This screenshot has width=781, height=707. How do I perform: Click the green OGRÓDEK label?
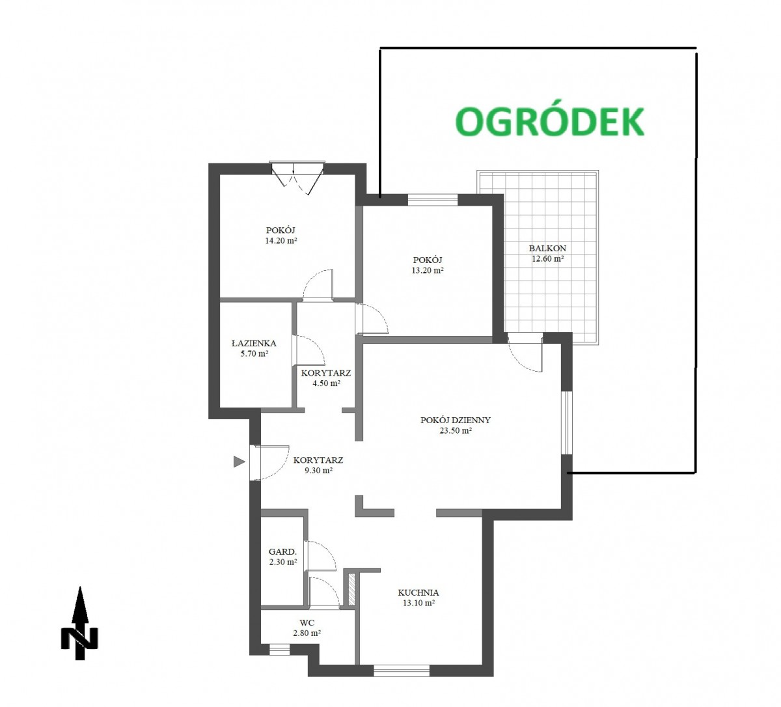[549, 121]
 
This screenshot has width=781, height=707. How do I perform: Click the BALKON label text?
[547, 248]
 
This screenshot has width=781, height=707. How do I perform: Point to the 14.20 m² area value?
[281, 240]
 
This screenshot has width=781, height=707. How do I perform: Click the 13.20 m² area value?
[428, 270]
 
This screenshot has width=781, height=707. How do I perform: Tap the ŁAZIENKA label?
[254, 343]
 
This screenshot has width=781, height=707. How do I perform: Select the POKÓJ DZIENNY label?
[456, 420]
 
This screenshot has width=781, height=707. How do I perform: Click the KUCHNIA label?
[418, 592]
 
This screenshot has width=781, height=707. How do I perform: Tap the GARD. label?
[282, 551]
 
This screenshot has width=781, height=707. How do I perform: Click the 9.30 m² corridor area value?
[318, 470]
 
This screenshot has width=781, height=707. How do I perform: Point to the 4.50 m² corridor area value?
[326, 383]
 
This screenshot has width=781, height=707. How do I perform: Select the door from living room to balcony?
[525, 353]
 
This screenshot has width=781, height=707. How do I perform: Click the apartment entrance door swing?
[269, 462]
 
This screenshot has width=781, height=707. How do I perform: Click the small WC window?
[280, 650]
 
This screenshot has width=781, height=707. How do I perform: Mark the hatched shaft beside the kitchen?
[352, 589]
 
